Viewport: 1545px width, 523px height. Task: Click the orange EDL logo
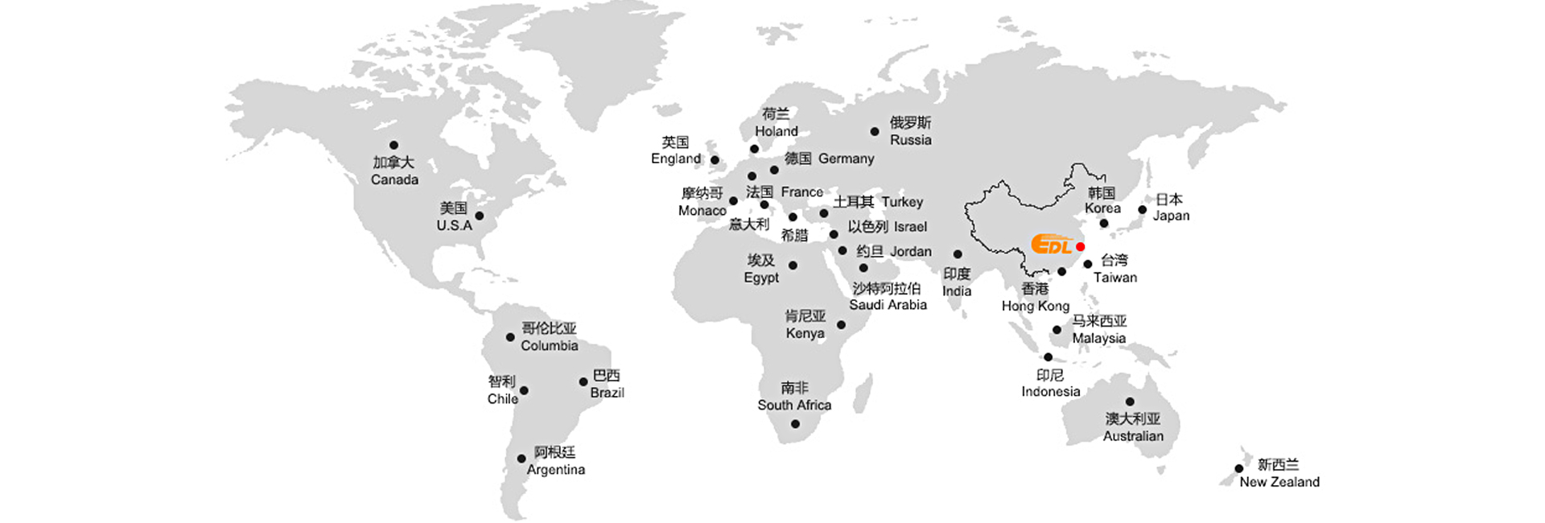[1052, 244]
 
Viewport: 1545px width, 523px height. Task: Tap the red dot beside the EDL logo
[1080, 246]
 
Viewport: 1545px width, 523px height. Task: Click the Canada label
[394, 179]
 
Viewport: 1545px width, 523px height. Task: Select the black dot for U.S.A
[480, 216]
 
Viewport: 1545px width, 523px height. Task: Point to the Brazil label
[607, 393]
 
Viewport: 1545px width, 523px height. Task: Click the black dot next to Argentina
[521, 459]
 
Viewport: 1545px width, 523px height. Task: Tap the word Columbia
[550, 346]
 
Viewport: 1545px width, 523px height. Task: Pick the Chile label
[502, 399]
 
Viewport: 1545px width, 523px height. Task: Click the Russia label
[911, 140]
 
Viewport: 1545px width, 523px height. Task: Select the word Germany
[846, 159]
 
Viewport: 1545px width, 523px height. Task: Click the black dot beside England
[715, 160]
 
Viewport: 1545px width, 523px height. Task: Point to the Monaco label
[702, 211]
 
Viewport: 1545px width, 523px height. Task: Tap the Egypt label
[761, 278]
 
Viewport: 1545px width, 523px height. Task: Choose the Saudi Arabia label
[888, 305]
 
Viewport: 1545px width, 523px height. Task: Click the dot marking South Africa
[795, 424]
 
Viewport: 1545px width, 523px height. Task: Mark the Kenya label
[805, 333]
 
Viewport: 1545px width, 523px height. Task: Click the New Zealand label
[1279, 482]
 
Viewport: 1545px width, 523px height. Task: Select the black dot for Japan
[1142, 210]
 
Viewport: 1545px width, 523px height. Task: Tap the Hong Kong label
[1036, 306]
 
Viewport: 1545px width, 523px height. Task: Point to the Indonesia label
[1051, 392]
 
